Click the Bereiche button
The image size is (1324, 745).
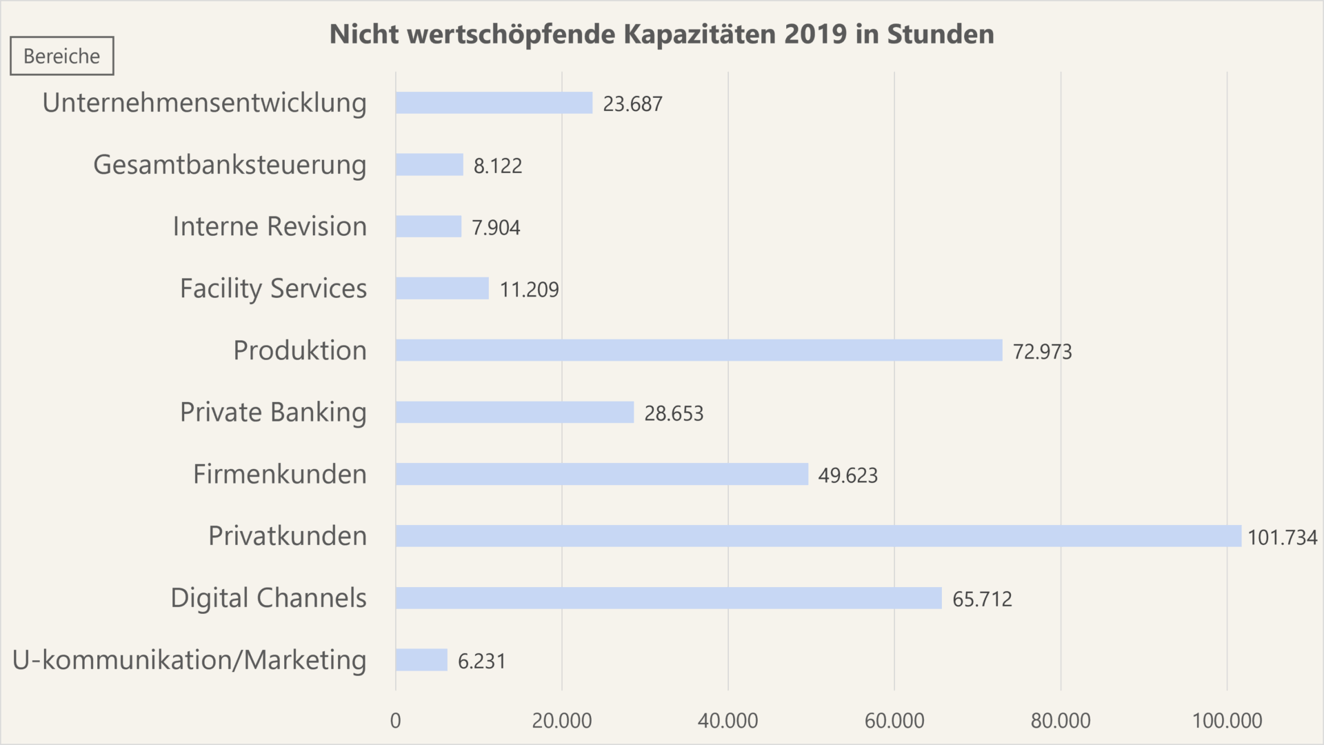(x=62, y=56)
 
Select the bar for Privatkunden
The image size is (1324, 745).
(x=818, y=536)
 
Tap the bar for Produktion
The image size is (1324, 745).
(x=699, y=350)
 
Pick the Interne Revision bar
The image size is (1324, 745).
(x=428, y=226)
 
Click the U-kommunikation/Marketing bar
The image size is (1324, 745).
(x=421, y=660)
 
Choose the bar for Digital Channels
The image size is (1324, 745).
(x=668, y=598)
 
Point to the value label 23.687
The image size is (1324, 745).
(x=632, y=104)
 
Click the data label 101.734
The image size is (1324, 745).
(x=1282, y=537)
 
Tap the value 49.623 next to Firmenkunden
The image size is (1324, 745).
(x=847, y=476)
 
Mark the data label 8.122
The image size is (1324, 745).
(x=497, y=166)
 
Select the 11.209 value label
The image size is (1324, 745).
(x=529, y=290)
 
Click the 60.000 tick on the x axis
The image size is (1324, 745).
(x=894, y=721)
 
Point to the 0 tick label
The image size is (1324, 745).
(x=395, y=721)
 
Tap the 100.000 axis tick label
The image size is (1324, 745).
(x=1227, y=721)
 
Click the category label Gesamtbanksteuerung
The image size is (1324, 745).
(x=230, y=165)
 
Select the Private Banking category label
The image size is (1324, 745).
(x=273, y=413)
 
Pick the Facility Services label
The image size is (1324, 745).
(x=273, y=288)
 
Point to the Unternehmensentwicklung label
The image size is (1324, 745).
(x=204, y=103)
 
